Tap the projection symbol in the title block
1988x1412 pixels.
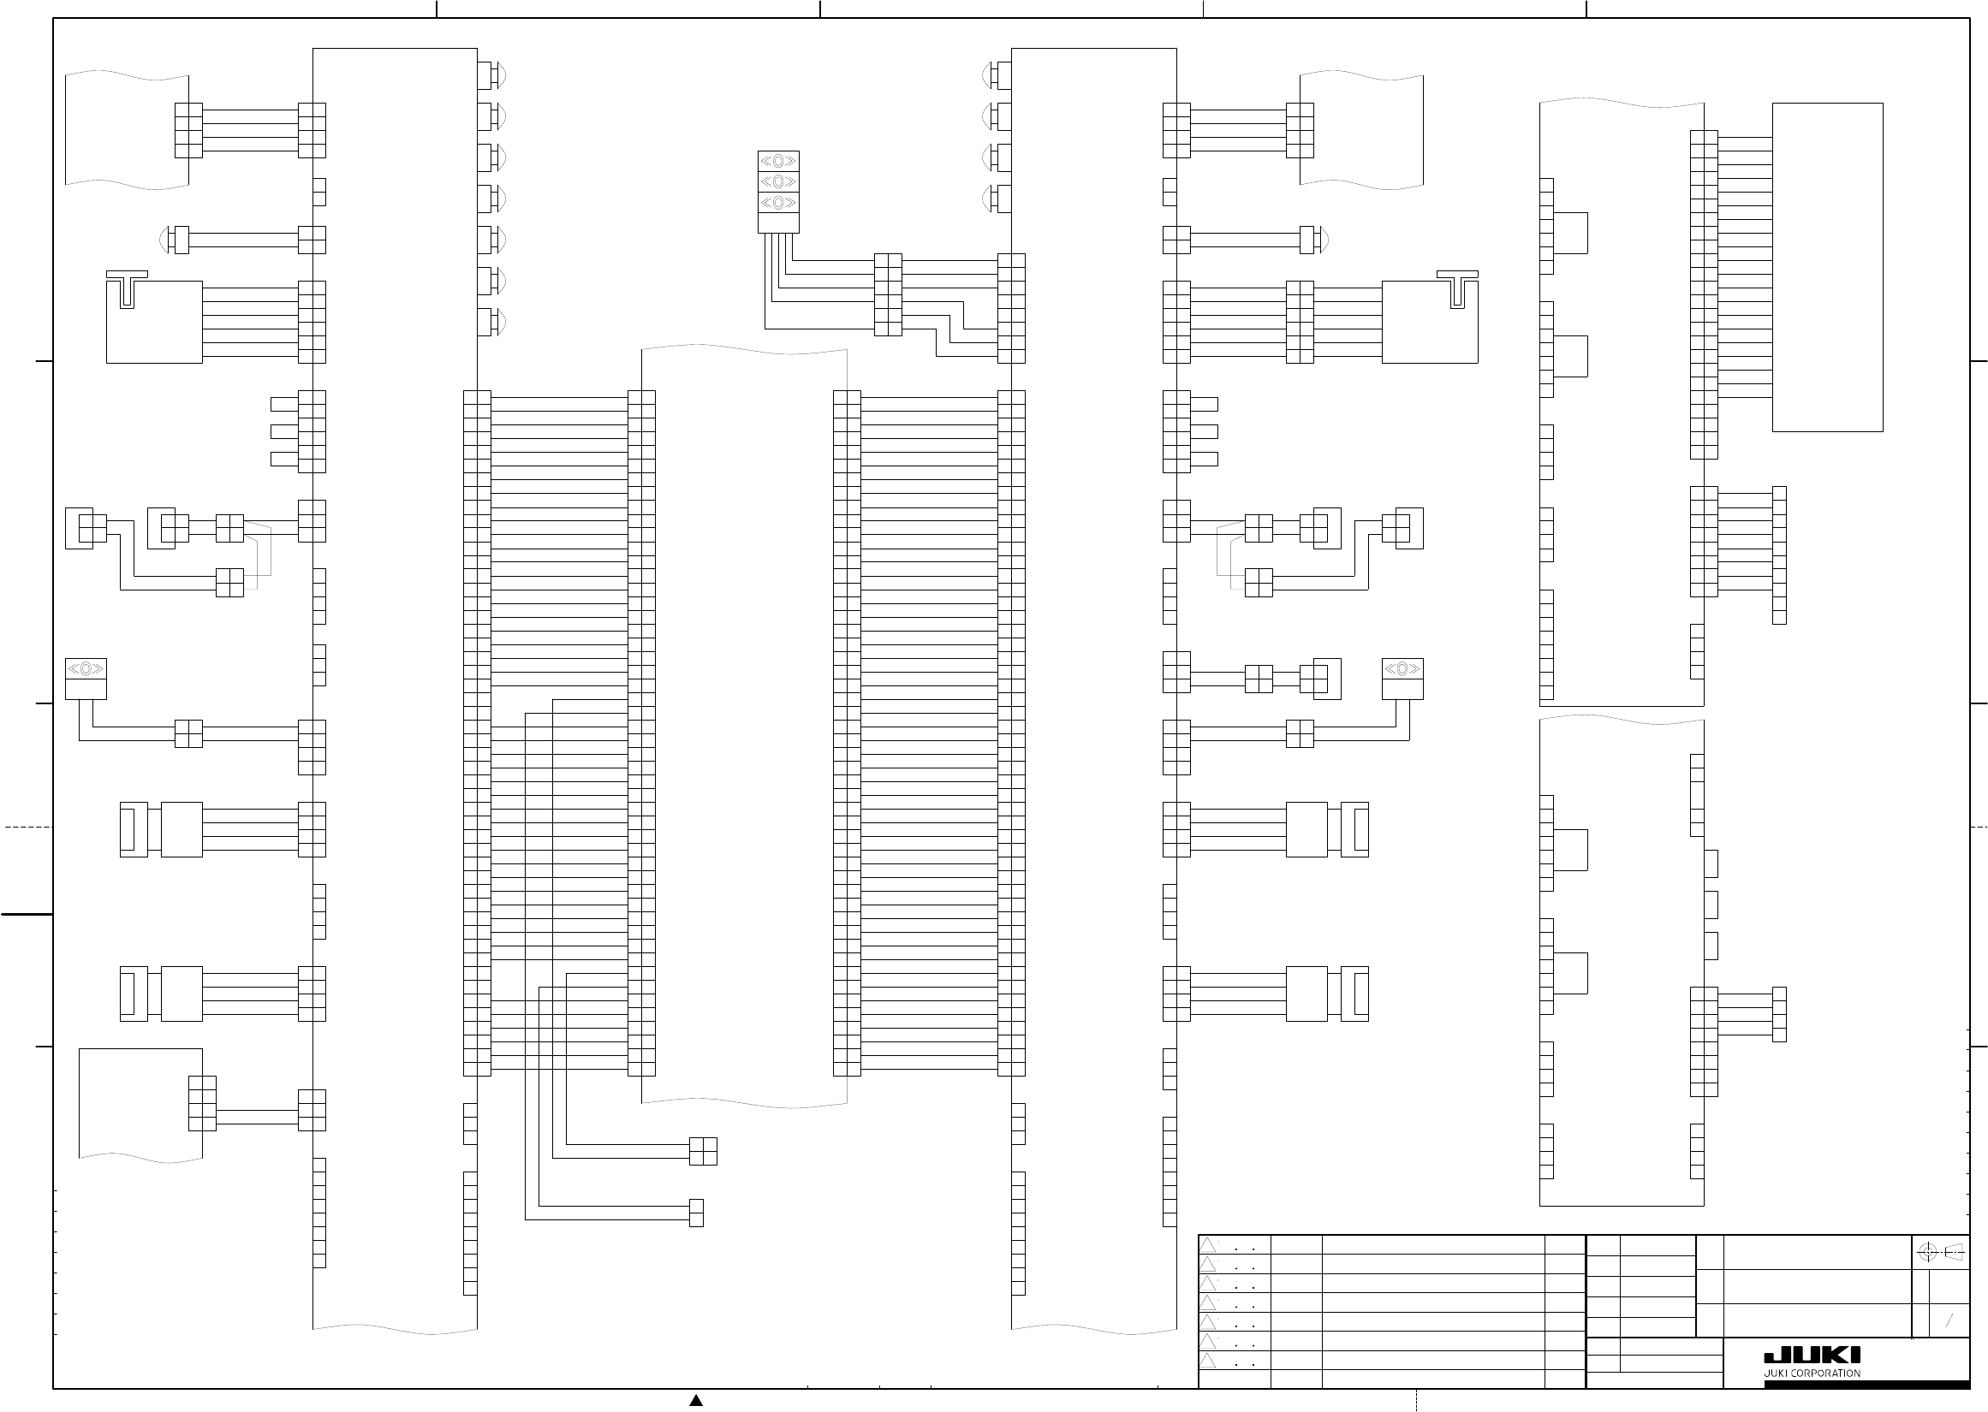click(1940, 1252)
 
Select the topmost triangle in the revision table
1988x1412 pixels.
click(1207, 1246)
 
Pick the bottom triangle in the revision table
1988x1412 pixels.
click(1207, 1361)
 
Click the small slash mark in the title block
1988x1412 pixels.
click(1949, 1320)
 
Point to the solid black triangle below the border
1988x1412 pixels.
click(696, 1400)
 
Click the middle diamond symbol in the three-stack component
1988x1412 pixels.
click(778, 181)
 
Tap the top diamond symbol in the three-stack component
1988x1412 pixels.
click(778, 161)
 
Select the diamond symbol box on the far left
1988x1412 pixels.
click(86, 668)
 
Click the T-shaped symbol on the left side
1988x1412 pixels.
click(127, 289)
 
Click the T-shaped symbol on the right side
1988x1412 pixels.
click(1457, 289)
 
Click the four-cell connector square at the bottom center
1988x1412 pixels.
click(703, 1151)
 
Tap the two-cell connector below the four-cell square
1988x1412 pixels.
click(696, 1213)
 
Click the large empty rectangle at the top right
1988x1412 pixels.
click(1828, 267)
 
